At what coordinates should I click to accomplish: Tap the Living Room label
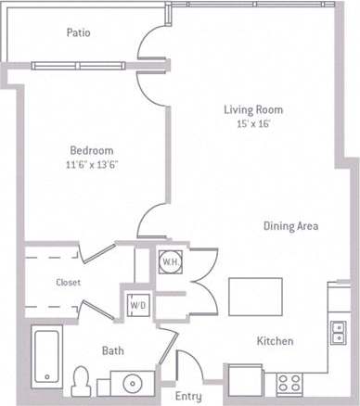pyautogui.click(x=253, y=109)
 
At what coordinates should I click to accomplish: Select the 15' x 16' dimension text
pyautogui.click(x=253, y=124)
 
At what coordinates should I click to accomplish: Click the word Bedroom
pyautogui.click(x=92, y=150)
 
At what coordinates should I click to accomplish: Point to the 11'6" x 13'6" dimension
pyautogui.click(x=92, y=164)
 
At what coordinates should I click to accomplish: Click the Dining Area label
pyautogui.click(x=291, y=225)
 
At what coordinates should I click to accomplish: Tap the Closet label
pyautogui.click(x=69, y=283)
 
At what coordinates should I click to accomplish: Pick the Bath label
pyautogui.click(x=112, y=350)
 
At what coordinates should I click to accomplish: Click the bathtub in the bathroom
pyautogui.click(x=45, y=356)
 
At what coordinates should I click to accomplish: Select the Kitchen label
pyautogui.click(x=275, y=341)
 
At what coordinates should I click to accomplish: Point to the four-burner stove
pyautogui.click(x=289, y=381)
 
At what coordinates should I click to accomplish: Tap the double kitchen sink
pyautogui.click(x=338, y=331)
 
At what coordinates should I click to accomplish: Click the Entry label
pyautogui.click(x=188, y=397)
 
